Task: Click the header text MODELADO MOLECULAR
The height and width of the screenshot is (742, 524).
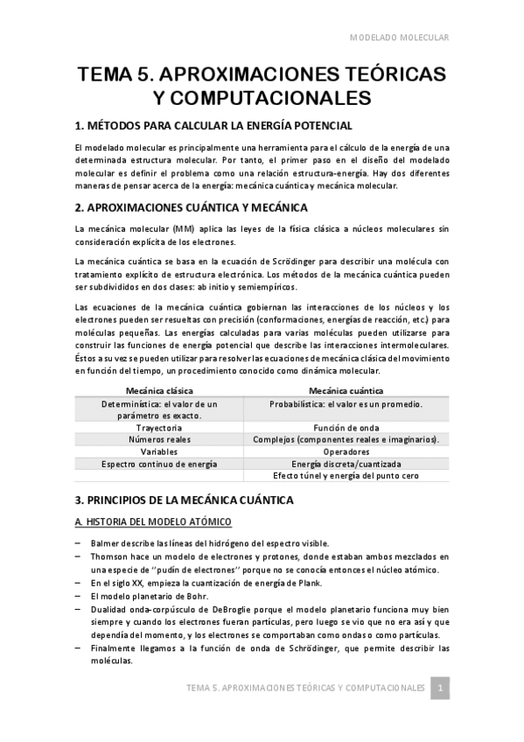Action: pos(399,38)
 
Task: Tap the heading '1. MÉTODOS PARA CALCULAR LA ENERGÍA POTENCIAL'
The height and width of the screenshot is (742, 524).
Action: pos(213,126)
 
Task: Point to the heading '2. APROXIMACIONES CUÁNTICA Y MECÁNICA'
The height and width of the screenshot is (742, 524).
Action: pos(192,207)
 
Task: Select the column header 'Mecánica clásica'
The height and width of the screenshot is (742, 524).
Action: pos(160,389)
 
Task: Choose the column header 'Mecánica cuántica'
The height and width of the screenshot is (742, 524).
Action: pos(346,389)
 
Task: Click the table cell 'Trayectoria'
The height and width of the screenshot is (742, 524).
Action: pos(160,427)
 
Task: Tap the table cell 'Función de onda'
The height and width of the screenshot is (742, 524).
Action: pos(346,427)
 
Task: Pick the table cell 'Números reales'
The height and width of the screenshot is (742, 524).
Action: pos(160,439)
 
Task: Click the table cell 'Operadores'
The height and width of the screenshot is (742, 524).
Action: pos(346,451)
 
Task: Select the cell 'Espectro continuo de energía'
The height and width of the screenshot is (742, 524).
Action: pos(160,464)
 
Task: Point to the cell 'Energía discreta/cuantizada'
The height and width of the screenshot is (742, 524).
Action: pos(346,464)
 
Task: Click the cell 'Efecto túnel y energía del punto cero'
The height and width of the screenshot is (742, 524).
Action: pos(346,476)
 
